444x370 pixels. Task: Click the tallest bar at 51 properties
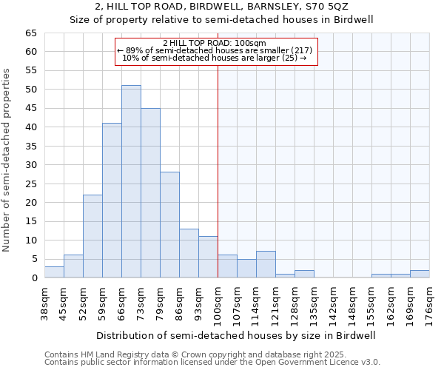131,181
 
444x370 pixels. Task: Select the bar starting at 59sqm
112,201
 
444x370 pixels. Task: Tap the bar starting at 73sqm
150,192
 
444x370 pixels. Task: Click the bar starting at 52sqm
92,236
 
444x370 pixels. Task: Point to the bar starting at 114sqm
266,265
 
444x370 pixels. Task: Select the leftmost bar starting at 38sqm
54,272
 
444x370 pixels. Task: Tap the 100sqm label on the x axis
218,303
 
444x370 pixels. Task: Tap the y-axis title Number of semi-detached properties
7,159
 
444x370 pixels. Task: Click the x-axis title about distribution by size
237,335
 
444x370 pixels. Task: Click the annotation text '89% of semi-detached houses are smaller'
215,50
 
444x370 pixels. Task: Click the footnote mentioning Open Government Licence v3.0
212,363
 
